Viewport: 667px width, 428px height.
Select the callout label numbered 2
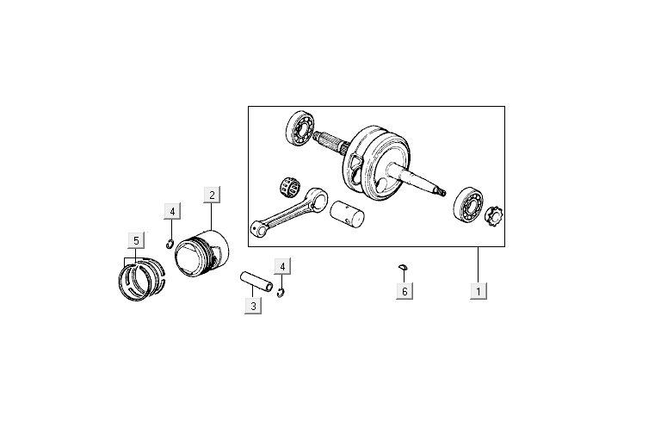click(212, 195)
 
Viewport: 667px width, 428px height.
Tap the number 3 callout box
click(252, 306)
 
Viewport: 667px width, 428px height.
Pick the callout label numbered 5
click(135, 239)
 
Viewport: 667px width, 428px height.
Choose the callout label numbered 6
click(403, 292)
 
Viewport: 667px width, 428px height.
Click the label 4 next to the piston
click(172, 211)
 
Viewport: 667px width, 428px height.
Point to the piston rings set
click(139, 277)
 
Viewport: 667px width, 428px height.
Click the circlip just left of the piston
click(172, 242)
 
